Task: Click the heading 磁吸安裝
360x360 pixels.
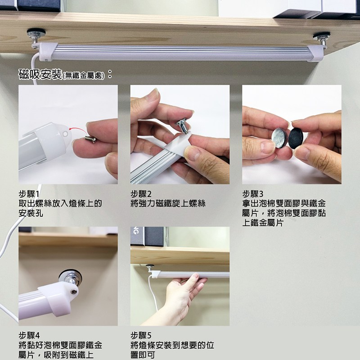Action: point(40,74)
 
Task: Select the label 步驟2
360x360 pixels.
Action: point(141,194)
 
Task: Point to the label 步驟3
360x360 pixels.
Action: point(253,194)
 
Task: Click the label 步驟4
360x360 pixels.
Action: point(29,336)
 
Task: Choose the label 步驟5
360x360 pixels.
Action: point(141,336)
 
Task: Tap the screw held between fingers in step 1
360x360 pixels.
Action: point(90,139)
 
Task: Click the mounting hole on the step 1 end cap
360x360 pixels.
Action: point(65,134)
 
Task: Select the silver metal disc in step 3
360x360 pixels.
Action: point(279,138)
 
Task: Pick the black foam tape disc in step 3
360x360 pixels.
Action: point(296,138)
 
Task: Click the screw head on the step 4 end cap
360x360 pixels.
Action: point(74,292)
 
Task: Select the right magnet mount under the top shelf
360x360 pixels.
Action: point(321,39)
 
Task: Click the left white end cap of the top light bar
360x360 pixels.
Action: point(47,52)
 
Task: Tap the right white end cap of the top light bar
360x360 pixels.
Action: point(315,54)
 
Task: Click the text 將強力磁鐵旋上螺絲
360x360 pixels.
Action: point(168,204)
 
